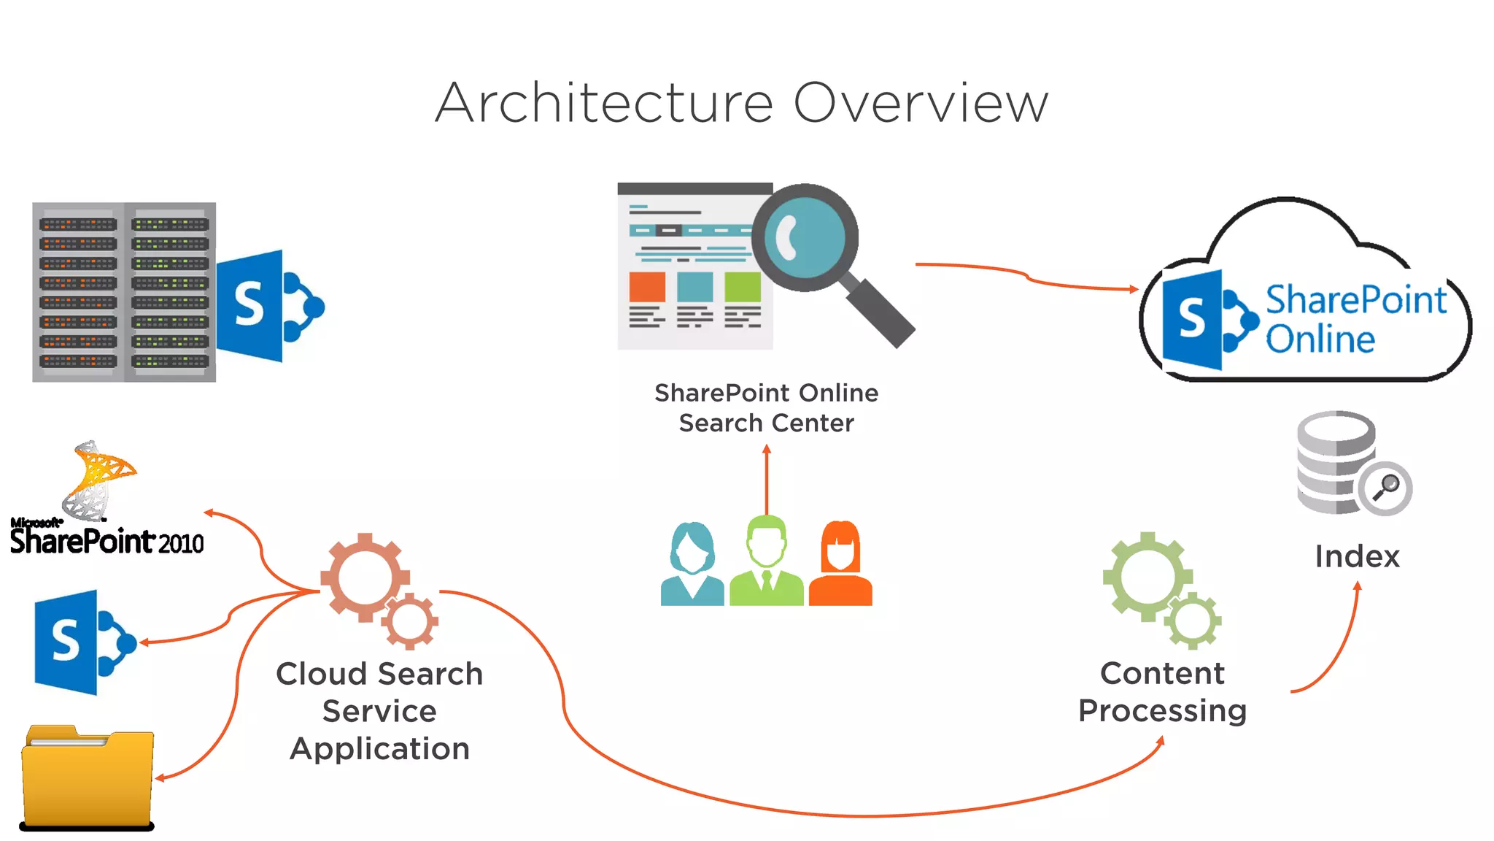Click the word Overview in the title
(921, 103)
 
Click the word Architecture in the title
(604, 103)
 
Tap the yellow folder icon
(88, 777)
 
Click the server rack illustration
(124, 292)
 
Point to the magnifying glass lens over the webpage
(805, 237)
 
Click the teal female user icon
(692, 564)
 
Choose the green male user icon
(766, 561)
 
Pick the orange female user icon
(840, 564)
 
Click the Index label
(1357, 556)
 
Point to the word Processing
(1162, 710)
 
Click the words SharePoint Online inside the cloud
(1355, 319)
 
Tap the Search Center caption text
(766, 423)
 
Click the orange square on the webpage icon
(647, 287)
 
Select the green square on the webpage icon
(743, 287)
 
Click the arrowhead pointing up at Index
(1358, 585)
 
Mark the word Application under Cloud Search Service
(379, 749)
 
